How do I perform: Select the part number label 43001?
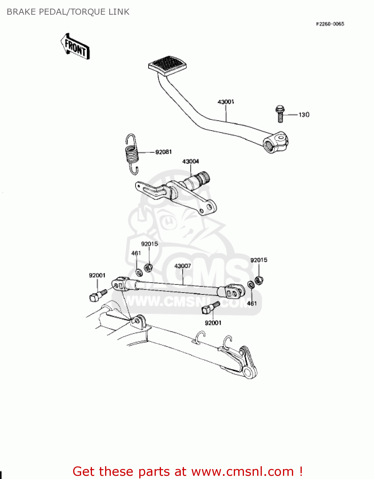click(226, 102)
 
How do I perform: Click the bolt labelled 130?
click(280, 114)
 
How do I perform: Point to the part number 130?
click(304, 115)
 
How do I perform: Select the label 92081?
click(164, 152)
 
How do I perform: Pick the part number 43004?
click(191, 162)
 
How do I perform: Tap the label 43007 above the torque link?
click(183, 266)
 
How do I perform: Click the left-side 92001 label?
click(97, 275)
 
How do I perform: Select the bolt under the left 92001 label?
click(97, 296)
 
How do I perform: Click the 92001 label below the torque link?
click(213, 323)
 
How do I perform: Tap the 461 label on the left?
click(136, 253)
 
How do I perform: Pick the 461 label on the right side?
click(252, 303)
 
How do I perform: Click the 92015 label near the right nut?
click(259, 260)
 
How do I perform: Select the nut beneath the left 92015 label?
click(148, 268)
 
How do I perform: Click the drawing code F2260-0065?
click(330, 24)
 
